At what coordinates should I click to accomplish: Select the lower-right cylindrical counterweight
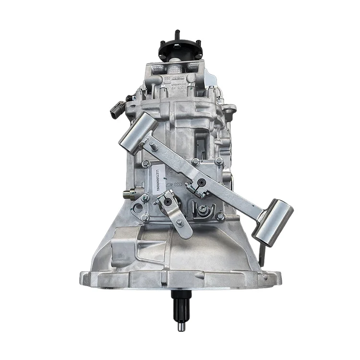click(x=273, y=222)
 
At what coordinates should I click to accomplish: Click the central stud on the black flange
click(x=177, y=34)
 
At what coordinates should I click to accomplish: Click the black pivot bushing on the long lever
click(x=202, y=182)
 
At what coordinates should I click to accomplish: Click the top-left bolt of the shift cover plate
click(x=145, y=164)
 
